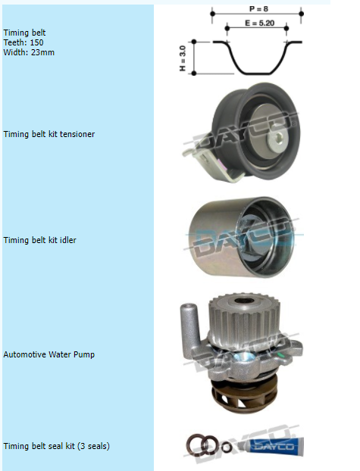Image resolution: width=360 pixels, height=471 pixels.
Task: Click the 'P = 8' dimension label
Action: pos(258,9)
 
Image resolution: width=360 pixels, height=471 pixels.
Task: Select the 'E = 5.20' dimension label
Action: pos(259,23)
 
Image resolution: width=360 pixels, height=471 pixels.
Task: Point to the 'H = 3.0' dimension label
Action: pos(183,58)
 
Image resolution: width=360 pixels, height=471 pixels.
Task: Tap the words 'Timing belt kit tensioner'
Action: pos(49,134)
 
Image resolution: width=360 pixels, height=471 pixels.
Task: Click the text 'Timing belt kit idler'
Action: pos(39,240)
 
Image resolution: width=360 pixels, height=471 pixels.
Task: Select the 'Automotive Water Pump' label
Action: pos(49,354)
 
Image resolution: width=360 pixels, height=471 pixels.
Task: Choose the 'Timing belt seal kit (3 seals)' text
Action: pos(57,446)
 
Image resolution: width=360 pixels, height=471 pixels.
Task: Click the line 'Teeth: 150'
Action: pos(23,42)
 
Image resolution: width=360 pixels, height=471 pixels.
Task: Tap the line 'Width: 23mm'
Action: pos(29,52)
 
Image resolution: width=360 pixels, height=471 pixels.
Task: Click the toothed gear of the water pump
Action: pos(244,318)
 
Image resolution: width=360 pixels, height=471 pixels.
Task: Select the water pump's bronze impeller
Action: pos(243,397)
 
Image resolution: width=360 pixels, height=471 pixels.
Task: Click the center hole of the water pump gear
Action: pos(244,301)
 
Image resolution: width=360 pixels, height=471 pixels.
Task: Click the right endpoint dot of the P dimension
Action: pos(302,14)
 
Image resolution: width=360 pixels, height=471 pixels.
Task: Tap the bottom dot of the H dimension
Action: pos(194,73)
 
